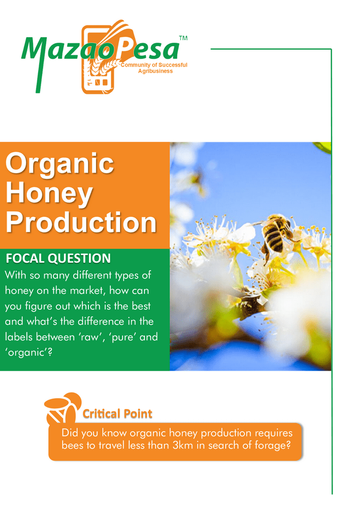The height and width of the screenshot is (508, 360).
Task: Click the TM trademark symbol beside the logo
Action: tap(183, 38)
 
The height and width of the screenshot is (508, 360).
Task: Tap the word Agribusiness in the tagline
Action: tap(156, 71)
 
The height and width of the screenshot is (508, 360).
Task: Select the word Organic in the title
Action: tap(59, 163)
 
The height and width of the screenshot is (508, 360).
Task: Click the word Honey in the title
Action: tap(49, 193)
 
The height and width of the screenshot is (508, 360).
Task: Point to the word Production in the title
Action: tap(81, 223)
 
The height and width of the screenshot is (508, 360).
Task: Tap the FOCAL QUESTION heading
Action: tap(58, 259)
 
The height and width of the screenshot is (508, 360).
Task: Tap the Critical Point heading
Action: tap(117, 414)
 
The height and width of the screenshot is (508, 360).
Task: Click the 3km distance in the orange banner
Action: tap(183, 445)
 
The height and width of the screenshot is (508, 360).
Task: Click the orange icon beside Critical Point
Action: tap(62, 408)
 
